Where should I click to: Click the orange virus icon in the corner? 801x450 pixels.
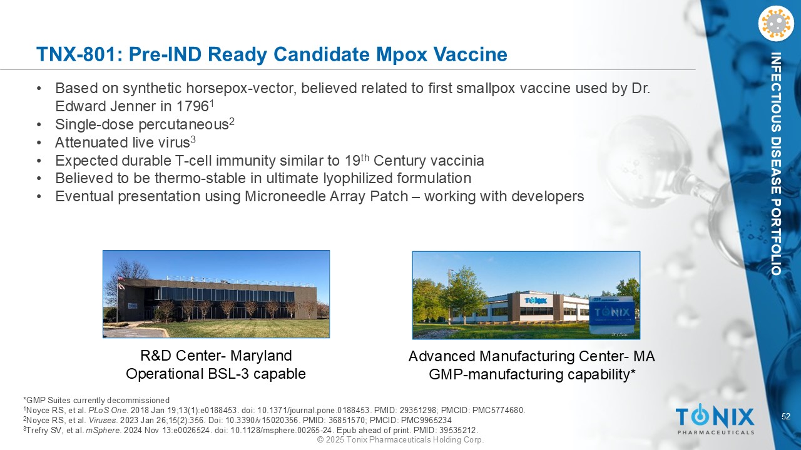pos(775,24)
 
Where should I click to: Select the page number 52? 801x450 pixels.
pos(785,416)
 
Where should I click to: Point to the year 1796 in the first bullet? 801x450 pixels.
pos(192,106)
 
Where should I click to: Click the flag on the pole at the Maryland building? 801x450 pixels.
pos(121,282)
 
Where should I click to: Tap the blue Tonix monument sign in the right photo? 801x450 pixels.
pos(612,312)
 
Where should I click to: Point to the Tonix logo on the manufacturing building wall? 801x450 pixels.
pos(536,301)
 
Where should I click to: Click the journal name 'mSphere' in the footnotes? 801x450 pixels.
pos(103,431)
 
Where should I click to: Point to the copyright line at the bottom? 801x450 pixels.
pos(400,439)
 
